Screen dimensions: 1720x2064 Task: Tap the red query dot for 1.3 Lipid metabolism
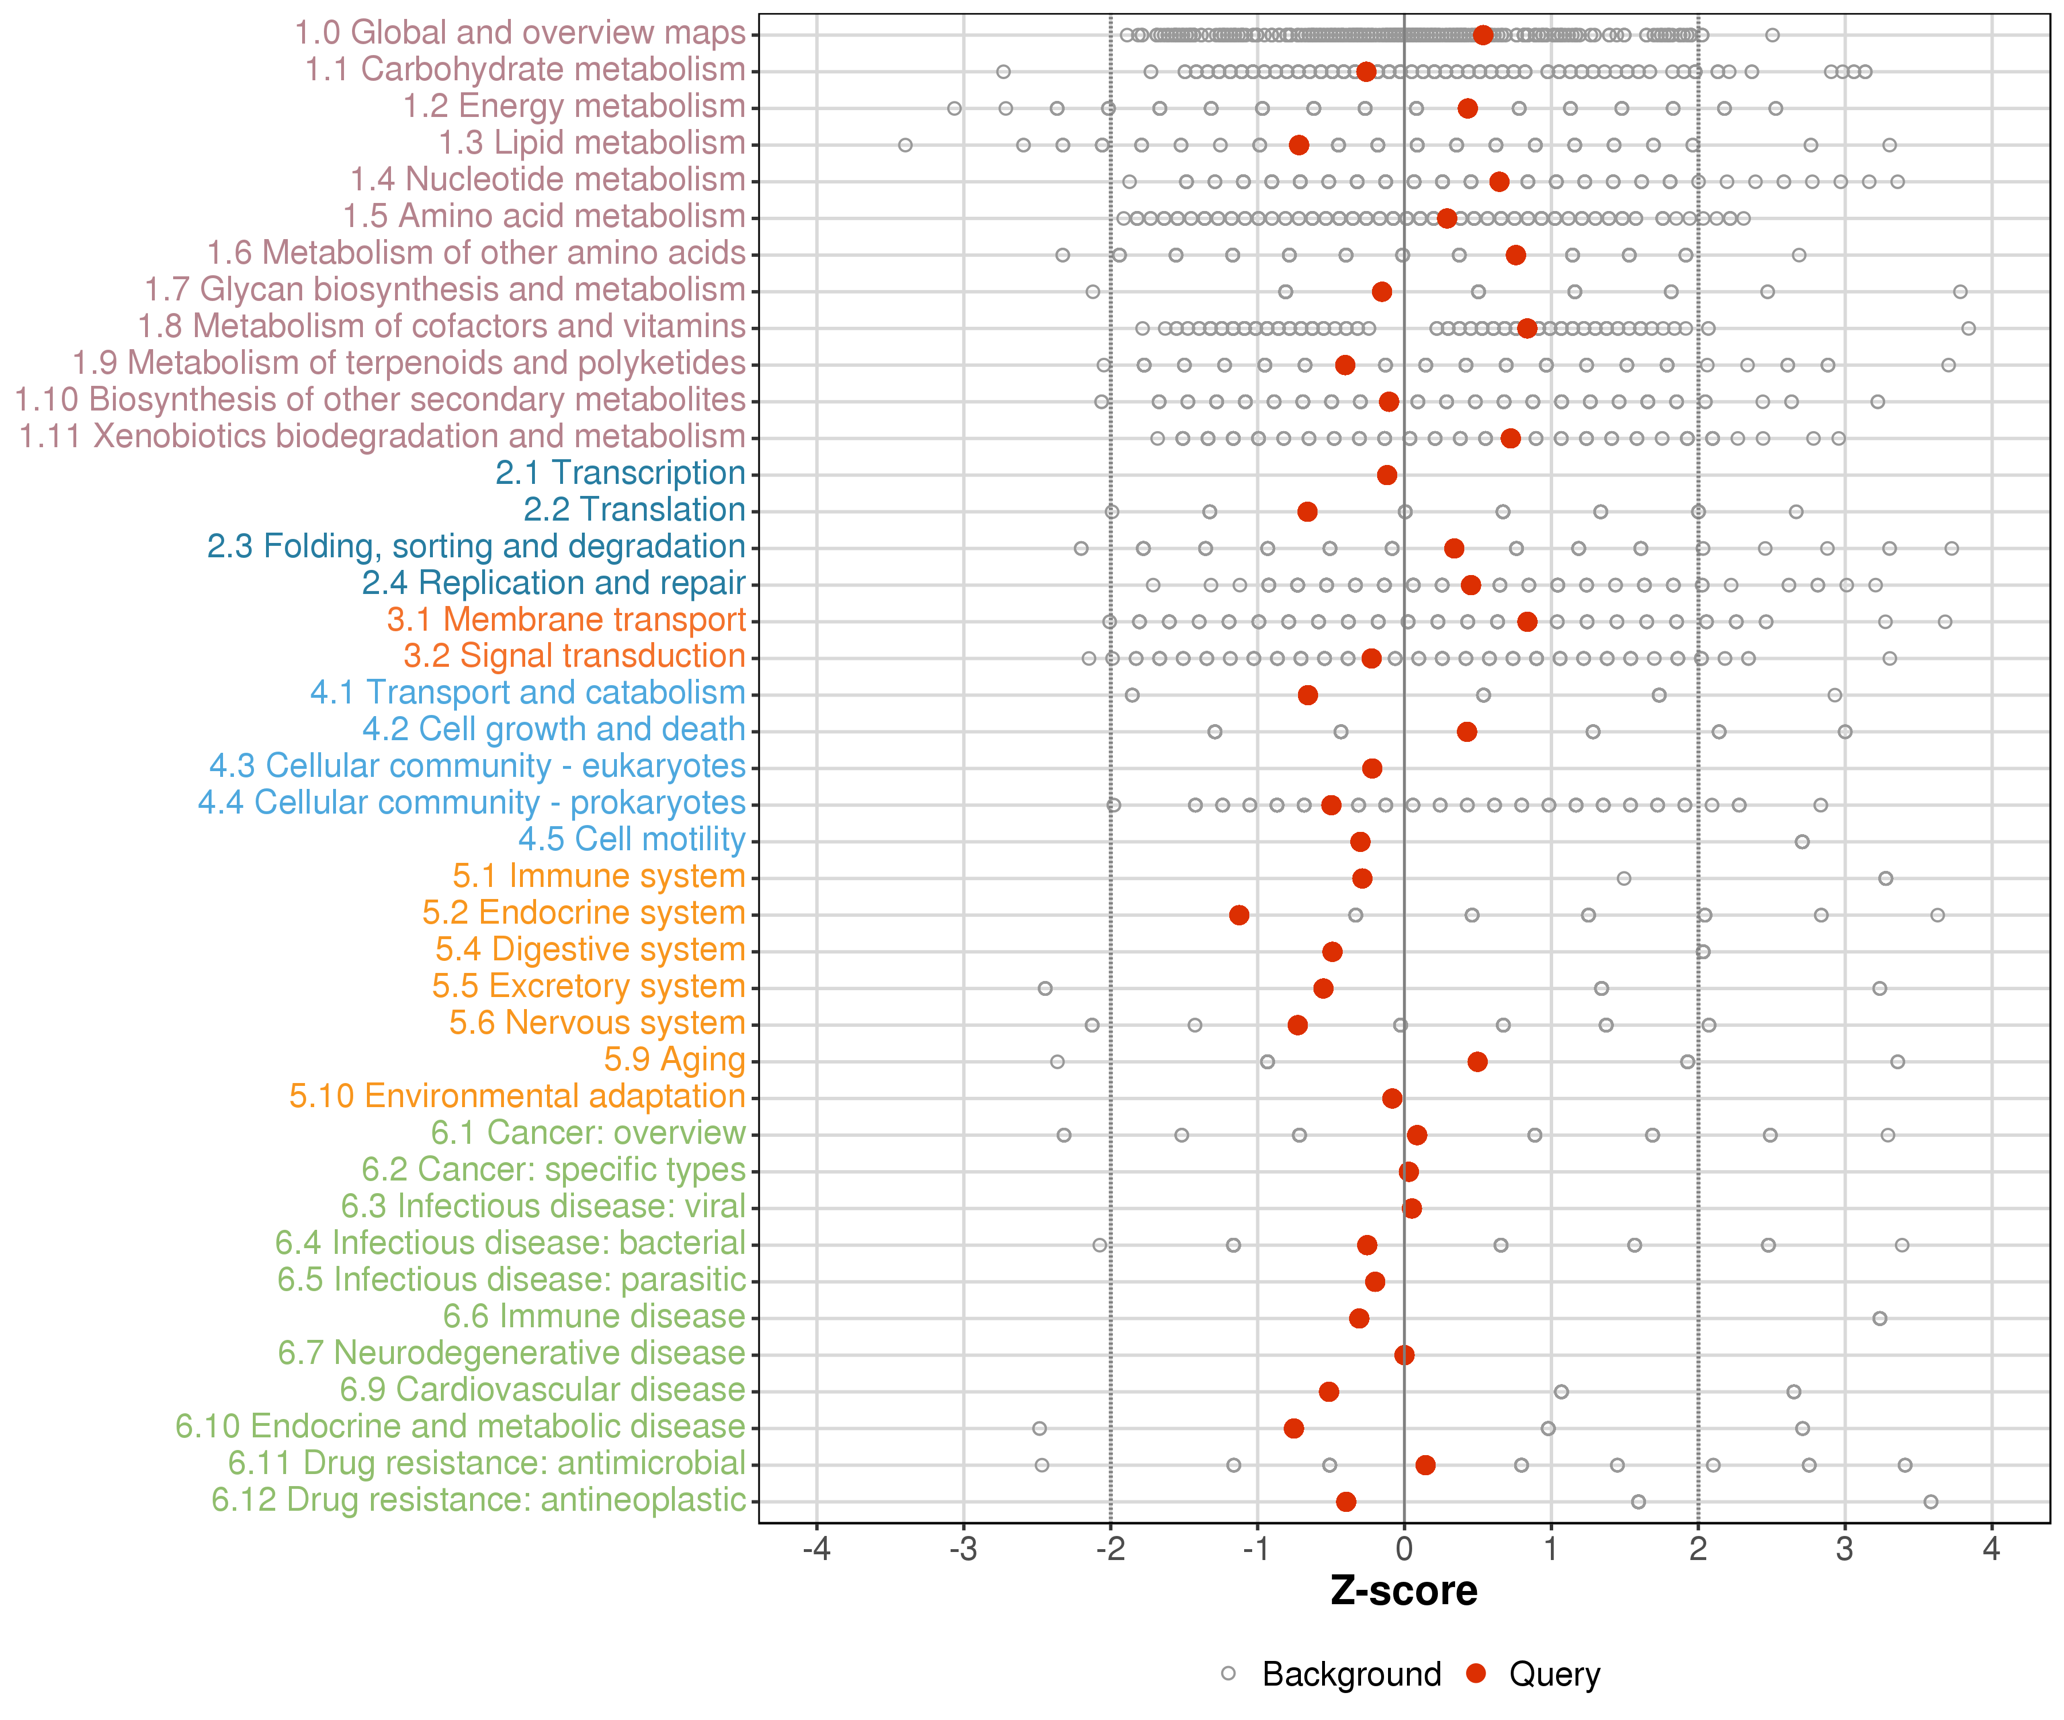click(x=1299, y=146)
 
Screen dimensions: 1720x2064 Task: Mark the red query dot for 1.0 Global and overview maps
click(x=1483, y=36)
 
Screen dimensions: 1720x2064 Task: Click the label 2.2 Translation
click(x=634, y=510)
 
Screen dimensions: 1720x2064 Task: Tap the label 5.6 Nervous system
click(x=597, y=1023)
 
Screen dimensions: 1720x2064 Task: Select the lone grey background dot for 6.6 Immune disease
click(x=1879, y=1318)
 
